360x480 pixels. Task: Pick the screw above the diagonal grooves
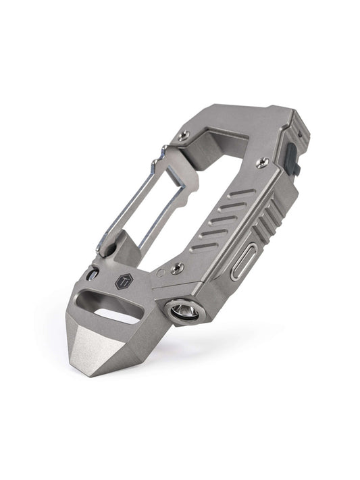click(263, 162)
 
